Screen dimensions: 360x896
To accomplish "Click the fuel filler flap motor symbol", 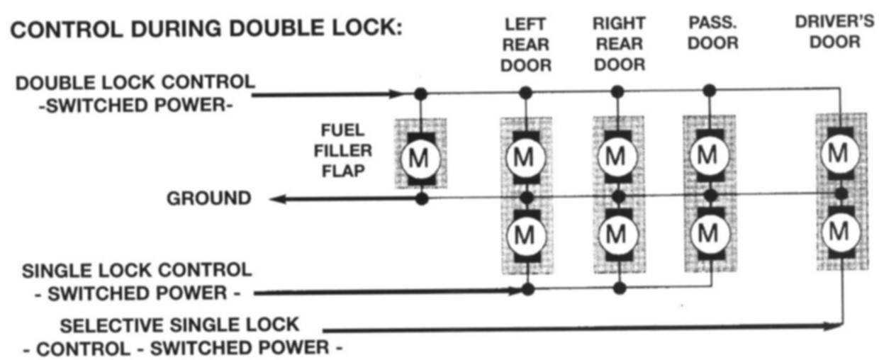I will [420, 157].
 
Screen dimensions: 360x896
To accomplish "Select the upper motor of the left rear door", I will [525, 157].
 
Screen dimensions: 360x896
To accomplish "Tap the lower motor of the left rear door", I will [525, 235].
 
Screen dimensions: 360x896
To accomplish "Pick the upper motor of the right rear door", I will [617, 157].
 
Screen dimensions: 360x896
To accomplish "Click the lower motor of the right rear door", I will [617, 233].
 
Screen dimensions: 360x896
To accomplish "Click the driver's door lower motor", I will [839, 231].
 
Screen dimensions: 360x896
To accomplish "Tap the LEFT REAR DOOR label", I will [525, 45].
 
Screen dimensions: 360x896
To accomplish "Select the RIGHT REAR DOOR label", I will [618, 44].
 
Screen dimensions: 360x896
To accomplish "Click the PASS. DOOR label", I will [712, 33].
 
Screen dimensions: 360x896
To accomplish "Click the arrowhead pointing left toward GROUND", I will [278, 199].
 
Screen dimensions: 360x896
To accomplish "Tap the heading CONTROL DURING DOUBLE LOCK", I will [207, 30].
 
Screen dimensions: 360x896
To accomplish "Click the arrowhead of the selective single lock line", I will [834, 327].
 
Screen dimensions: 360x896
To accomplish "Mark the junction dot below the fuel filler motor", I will [421, 199].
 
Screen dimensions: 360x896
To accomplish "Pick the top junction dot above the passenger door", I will [709, 90].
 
